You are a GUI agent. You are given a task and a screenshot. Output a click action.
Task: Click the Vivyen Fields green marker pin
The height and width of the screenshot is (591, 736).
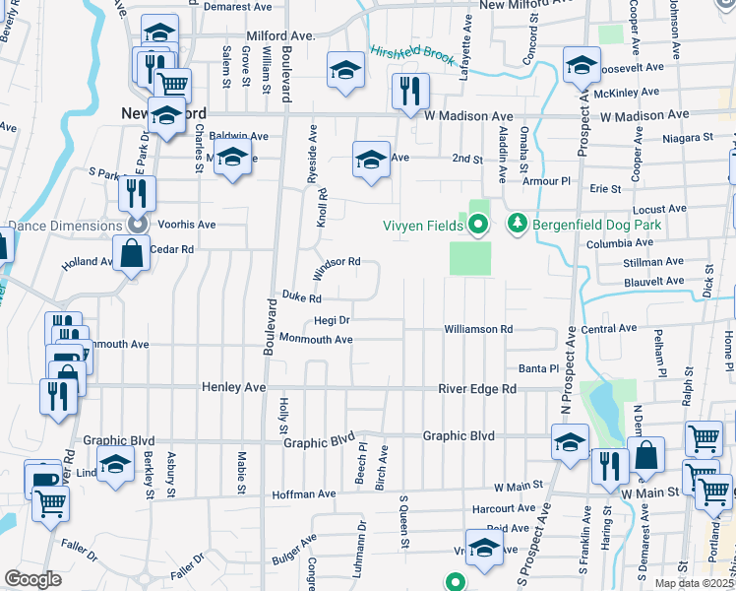478,227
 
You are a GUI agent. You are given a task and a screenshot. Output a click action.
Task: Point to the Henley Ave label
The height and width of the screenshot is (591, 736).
235,388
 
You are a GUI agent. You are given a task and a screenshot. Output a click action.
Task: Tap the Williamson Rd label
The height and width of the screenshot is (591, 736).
478,329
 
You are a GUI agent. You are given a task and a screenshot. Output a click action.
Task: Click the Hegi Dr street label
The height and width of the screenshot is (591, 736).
332,320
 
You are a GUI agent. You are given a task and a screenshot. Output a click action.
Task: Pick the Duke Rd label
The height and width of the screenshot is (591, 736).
302,296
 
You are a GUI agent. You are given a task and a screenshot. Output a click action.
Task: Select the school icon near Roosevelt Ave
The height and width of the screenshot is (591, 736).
582,65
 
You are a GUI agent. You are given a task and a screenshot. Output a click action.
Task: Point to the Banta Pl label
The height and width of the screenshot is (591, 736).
539,368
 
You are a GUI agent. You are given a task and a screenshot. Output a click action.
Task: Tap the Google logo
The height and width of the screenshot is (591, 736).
32,579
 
